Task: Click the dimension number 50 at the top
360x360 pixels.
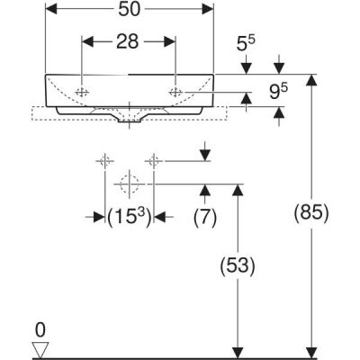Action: click(130, 10)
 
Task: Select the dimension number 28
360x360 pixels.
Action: click(128, 41)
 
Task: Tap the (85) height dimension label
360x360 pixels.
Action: click(311, 213)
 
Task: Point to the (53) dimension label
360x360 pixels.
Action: click(238, 265)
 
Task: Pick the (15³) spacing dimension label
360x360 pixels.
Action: click(129, 217)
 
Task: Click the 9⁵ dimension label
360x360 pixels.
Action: click(278, 92)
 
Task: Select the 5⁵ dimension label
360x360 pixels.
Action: click(246, 43)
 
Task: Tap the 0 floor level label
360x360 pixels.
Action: click(40, 330)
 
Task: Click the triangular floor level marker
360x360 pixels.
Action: click(40, 349)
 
